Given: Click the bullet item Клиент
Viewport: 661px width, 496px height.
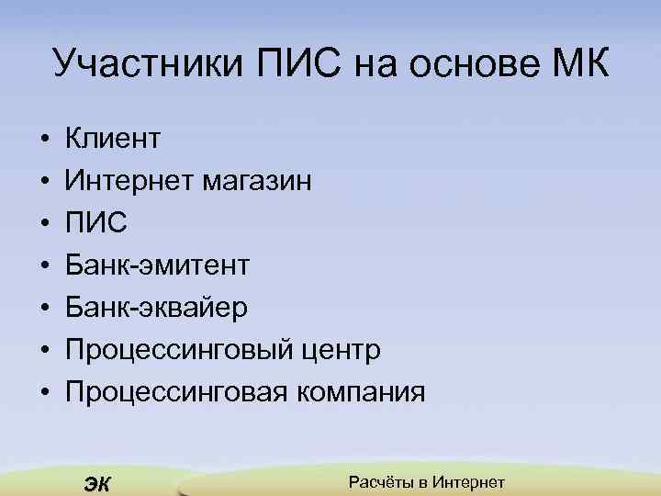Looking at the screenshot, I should (x=113, y=140).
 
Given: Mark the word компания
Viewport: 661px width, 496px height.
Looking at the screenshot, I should (x=361, y=393).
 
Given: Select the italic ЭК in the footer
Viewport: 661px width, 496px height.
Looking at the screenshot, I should (x=96, y=483).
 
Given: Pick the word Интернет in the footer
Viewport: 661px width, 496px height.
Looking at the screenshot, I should (x=468, y=482).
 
